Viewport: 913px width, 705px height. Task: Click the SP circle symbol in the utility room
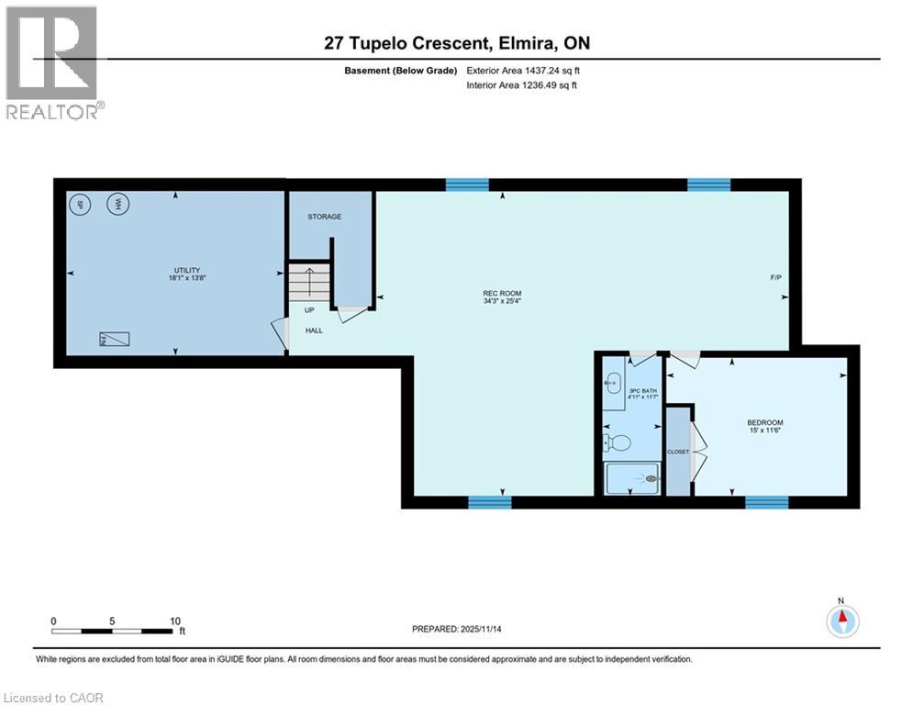tap(80, 204)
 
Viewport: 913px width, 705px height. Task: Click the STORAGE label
tap(324, 217)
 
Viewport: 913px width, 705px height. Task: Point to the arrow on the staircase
tap(309, 279)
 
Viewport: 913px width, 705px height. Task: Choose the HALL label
tap(314, 330)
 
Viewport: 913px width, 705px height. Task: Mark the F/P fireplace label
tap(776, 277)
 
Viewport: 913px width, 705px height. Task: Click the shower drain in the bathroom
tap(652, 478)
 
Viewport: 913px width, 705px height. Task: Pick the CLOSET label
tap(678, 452)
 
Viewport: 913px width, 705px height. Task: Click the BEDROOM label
tap(764, 422)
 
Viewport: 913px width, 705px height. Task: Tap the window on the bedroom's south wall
tap(766, 502)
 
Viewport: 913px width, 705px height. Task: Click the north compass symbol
tap(841, 621)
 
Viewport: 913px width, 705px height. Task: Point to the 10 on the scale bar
tap(174, 621)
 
